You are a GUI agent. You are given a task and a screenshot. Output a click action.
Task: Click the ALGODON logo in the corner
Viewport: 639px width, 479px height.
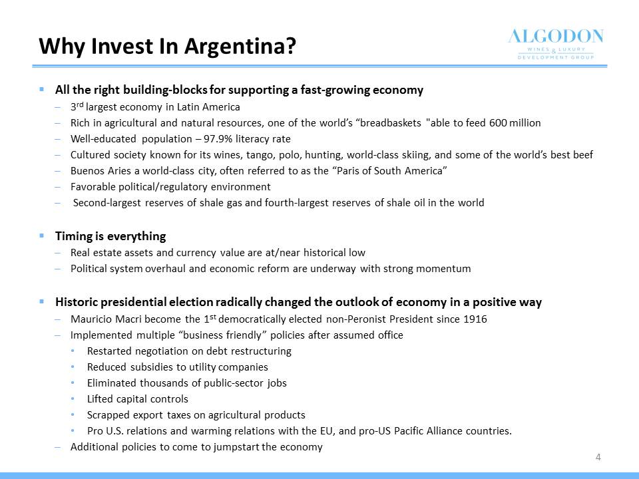(x=555, y=44)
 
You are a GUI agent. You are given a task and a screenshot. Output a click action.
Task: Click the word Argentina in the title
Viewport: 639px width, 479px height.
(x=240, y=46)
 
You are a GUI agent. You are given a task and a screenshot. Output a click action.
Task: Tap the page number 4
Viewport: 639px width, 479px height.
(x=598, y=457)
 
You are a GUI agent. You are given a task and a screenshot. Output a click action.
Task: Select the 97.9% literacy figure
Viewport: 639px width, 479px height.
(x=218, y=139)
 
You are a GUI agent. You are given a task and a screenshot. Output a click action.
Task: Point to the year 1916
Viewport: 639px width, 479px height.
(x=475, y=319)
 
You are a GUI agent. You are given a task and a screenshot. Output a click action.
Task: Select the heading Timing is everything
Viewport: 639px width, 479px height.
(x=110, y=236)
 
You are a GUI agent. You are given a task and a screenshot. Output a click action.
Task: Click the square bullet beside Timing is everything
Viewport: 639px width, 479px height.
(x=41, y=236)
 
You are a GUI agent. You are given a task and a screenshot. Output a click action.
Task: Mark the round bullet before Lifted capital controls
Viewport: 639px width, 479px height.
(x=73, y=399)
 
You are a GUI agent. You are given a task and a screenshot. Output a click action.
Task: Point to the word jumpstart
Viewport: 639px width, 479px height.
(x=236, y=447)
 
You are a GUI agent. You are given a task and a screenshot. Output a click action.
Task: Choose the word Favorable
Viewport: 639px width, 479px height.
(x=93, y=187)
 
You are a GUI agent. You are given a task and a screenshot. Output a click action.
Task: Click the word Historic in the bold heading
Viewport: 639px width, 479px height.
(x=76, y=302)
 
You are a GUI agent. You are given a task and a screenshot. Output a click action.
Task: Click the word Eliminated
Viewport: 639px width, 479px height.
(x=112, y=383)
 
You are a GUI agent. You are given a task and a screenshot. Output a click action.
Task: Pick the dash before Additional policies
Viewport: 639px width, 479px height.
(x=58, y=447)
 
